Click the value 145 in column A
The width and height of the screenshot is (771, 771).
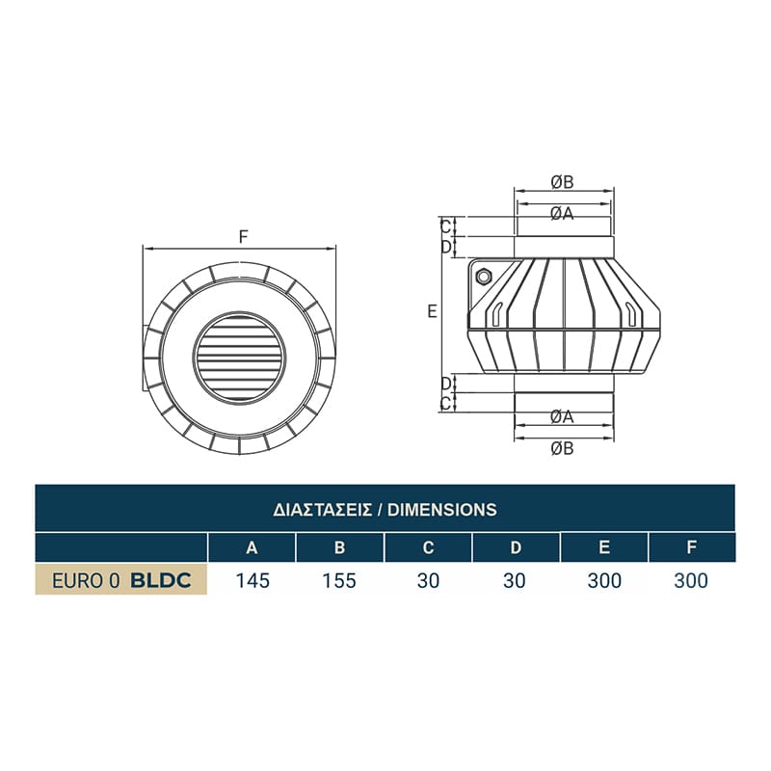253,581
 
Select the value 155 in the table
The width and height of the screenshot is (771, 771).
339,581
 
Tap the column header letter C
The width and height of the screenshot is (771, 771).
428,547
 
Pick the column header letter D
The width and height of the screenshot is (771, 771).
516,547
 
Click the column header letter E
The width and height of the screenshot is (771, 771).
604,547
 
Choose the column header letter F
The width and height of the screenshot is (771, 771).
692,547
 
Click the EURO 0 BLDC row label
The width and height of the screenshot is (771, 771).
121,581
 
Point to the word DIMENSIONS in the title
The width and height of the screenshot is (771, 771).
442,510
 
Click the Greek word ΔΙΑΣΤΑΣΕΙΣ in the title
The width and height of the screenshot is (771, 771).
322,510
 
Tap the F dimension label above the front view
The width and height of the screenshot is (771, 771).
244,237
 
